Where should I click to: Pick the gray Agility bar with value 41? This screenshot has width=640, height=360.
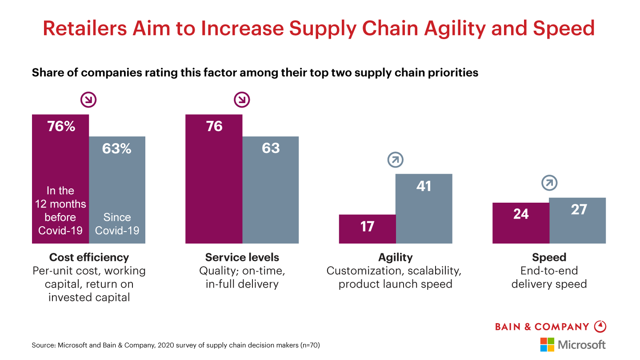pyautogui.click(x=424, y=208)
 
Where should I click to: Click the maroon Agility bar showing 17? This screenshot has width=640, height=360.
pyautogui.click(x=367, y=229)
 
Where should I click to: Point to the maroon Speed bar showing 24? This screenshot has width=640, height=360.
pyautogui.click(x=520, y=223)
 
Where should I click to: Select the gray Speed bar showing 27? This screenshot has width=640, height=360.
pyautogui.click(x=577, y=220)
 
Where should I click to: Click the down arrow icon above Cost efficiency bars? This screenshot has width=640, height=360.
pyautogui.click(x=88, y=100)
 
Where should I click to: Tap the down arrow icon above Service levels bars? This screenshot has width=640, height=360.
pyautogui.click(x=242, y=100)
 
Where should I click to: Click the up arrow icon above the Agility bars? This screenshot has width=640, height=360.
pyautogui.click(x=396, y=160)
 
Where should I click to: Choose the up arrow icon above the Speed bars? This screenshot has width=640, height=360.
pyautogui.click(x=549, y=183)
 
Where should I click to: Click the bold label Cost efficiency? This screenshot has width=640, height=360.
pyautogui.click(x=89, y=257)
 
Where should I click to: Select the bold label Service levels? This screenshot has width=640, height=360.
pyautogui.click(x=242, y=257)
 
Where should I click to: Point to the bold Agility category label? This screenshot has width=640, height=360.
pyautogui.click(x=396, y=257)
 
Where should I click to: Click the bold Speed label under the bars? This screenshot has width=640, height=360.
pyautogui.click(x=549, y=257)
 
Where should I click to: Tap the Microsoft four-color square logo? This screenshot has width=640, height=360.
pyautogui.click(x=547, y=344)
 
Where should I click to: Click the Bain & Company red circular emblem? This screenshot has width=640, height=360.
pyautogui.click(x=600, y=327)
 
